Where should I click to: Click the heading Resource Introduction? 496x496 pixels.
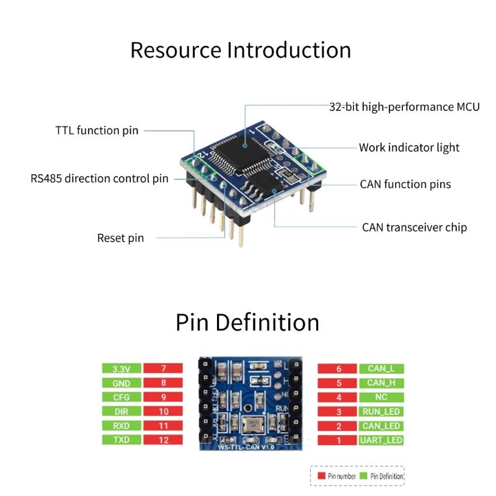click(x=241, y=50)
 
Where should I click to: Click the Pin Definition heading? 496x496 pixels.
click(x=247, y=322)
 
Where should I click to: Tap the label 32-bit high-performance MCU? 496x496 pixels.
click(x=404, y=107)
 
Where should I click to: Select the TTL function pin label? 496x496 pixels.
click(x=97, y=130)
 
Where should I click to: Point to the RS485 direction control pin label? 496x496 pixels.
click(x=100, y=179)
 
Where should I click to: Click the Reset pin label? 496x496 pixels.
click(x=120, y=238)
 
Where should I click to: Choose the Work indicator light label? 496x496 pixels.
click(x=409, y=148)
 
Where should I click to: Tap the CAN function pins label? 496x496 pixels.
click(x=405, y=184)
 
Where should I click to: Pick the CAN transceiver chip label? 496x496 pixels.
click(x=414, y=227)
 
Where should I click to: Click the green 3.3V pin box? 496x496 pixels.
click(x=122, y=369)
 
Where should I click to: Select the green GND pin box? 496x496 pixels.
click(x=122, y=383)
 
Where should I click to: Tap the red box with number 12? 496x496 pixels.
click(x=163, y=440)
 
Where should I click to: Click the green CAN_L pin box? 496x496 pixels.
click(x=381, y=369)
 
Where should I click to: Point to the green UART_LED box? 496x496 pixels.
click(x=381, y=440)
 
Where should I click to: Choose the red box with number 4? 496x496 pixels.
click(x=339, y=397)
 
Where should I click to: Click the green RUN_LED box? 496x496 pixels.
click(x=381, y=412)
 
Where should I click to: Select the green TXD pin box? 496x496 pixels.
click(x=122, y=440)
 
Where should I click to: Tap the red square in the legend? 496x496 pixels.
click(x=321, y=476)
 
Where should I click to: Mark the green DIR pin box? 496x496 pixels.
click(x=122, y=412)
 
